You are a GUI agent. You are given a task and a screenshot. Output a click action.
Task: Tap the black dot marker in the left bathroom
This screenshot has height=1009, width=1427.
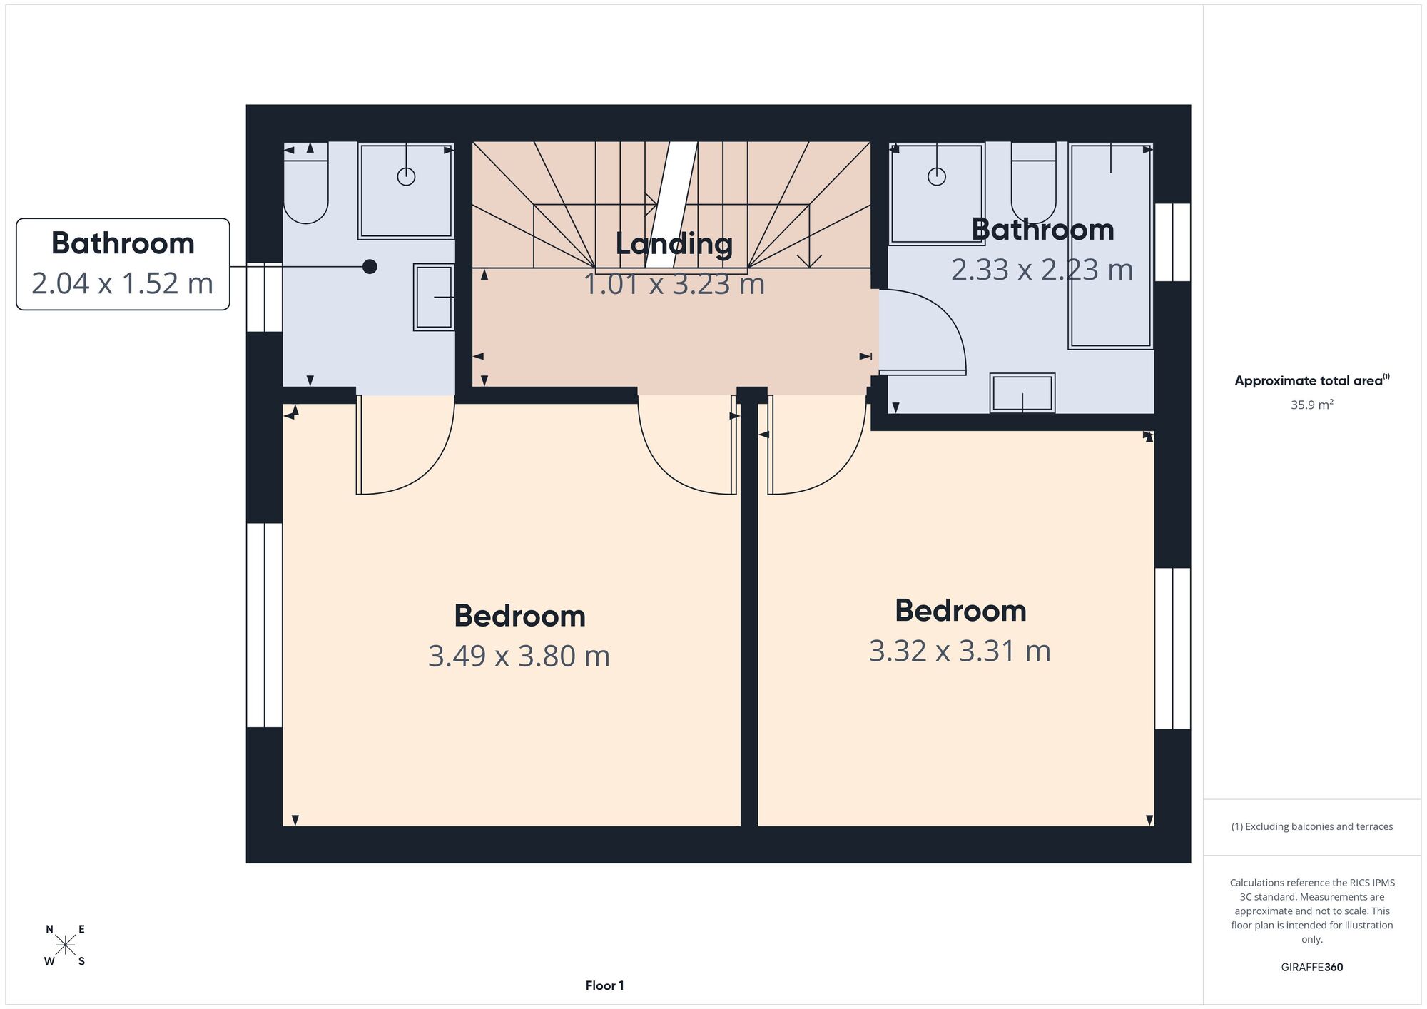pyautogui.click(x=370, y=267)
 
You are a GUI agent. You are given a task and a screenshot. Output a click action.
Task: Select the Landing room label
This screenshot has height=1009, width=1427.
pyautogui.click(x=674, y=244)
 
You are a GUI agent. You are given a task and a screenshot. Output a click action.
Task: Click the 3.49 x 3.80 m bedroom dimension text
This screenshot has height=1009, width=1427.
pyautogui.click(x=519, y=656)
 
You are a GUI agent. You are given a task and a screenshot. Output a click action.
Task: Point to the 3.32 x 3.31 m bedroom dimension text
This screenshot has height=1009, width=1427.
pyautogui.click(x=960, y=651)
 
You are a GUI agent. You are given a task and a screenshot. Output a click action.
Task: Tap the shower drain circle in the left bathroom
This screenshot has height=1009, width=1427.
pyautogui.click(x=406, y=176)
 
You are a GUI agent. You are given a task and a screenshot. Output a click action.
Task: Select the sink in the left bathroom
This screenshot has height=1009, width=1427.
pyautogui.click(x=434, y=298)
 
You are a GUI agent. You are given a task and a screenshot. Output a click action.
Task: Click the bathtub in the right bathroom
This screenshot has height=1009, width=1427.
pyautogui.click(x=1110, y=246)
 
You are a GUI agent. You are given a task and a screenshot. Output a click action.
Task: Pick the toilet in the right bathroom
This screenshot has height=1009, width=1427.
pyautogui.click(x=1033, y=183)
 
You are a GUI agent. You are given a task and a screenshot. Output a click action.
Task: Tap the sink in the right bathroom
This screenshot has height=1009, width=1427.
pyautogui.click(x=1022, y=393)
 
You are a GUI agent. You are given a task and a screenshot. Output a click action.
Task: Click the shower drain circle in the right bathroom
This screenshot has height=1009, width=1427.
pyautogui.click(x=937, y=176)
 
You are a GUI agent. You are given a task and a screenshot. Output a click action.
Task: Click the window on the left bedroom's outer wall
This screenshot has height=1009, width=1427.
pyautogui.click(x=265, y=625)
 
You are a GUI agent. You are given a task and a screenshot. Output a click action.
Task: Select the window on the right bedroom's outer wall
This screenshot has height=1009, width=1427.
pyautogui.click(x=1172, y=649)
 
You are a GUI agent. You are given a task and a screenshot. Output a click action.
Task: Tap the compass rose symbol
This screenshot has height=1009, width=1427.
pyautogui.click(x=66, y=945)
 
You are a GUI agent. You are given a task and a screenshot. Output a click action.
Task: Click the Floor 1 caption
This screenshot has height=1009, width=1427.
pyautogui.click(x=604, y=985)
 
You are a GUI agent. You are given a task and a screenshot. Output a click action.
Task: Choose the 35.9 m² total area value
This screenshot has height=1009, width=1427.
pyautogui.click(x=1312, y=405)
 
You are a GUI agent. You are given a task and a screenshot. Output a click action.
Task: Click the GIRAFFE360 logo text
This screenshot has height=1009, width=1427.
pyautogui.click(x=1312, y=968)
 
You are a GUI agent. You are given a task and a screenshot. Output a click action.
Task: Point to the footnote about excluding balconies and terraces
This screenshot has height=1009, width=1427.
pyautogui.click(x=1312, y=826)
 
